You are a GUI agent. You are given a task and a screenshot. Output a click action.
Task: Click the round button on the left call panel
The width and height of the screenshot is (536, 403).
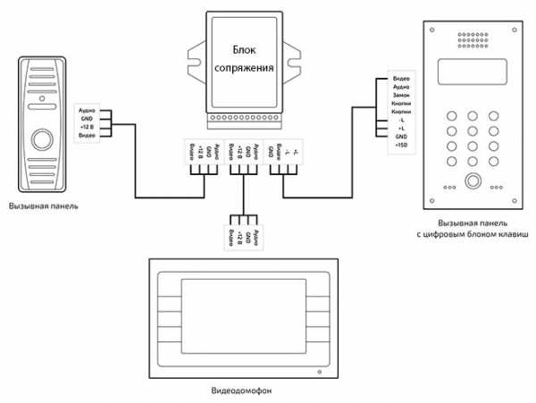[42, 140]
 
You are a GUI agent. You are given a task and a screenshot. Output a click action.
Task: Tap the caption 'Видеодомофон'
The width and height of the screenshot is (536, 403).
[240, 390]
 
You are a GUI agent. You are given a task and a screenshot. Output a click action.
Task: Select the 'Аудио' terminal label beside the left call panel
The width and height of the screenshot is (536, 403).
[87, 111]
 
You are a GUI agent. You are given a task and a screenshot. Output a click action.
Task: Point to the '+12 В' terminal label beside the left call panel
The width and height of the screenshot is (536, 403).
[87, 128]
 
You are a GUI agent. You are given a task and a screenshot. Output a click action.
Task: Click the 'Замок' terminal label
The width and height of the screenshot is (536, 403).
[400, 96]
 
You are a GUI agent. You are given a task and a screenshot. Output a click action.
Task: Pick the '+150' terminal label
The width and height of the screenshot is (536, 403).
[400, 144]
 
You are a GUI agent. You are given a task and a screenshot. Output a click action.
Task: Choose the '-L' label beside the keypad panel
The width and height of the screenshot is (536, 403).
[400, 120]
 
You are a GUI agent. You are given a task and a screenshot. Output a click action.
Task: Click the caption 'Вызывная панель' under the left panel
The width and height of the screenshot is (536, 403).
[42, 206]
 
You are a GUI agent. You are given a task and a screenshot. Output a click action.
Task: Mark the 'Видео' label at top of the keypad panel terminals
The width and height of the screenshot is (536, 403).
[400, 80]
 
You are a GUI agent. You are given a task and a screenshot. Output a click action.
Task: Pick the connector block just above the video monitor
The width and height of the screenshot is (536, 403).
[243, 236]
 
